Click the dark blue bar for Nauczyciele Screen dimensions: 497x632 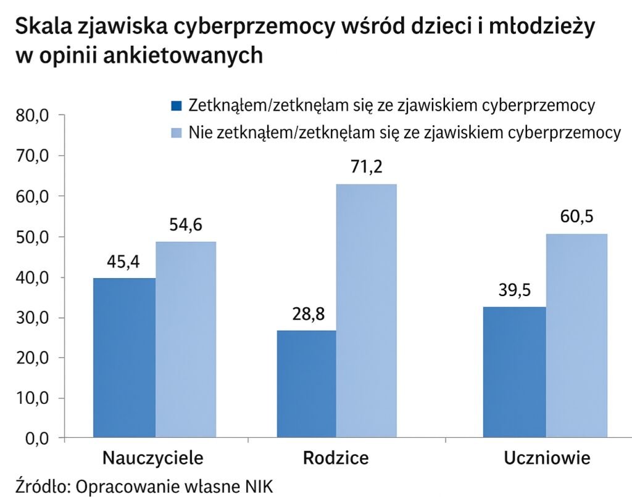(x=124, y=358)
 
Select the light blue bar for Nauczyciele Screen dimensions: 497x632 (x=186, y=339)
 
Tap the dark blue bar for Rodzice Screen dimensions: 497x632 (x=307, y=384)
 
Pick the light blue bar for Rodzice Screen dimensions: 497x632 (x=367, y=311)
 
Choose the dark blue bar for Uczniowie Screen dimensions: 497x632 (x=514, y=372)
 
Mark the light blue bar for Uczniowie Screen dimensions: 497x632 (x=576, y=336)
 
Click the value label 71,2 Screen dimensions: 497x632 (x=366, y=167)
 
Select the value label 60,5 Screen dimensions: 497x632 (x=576, y=218)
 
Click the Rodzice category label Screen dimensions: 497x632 (x=336, y=458)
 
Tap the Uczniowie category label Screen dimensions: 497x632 (x=547, y=458)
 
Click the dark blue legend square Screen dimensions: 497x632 (x=177, y=105)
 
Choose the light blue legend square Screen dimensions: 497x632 (x=177, y=132)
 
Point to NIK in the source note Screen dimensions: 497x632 (x=259, y=484)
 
